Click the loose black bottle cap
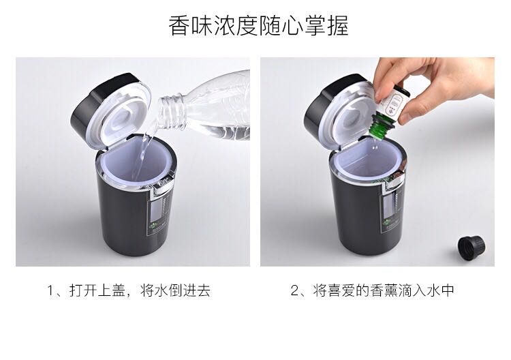[471, 248]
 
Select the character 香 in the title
[179, 25]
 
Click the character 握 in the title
[338, 25]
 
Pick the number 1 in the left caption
[51, 290]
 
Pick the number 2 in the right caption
[294, 290]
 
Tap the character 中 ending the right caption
[447, 290]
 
